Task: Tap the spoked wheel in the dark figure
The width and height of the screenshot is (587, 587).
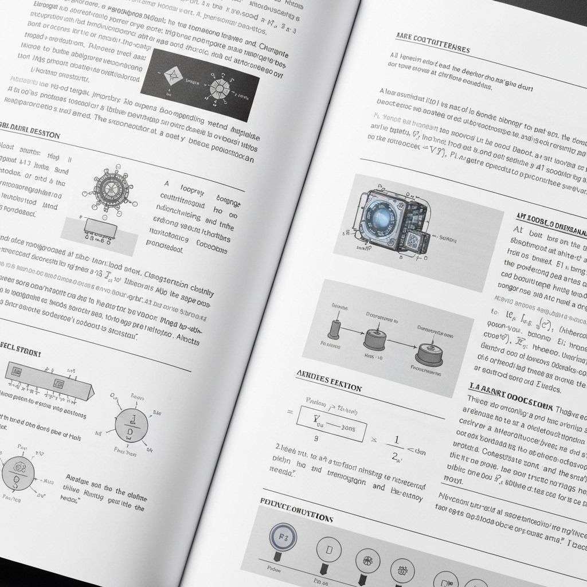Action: [x=220, y=88]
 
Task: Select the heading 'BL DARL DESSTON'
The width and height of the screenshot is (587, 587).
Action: [x=29, y=134]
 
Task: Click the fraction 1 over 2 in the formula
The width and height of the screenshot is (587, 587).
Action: [x=395, y=448]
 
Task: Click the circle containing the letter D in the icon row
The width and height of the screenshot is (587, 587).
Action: [x=328, y=550]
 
